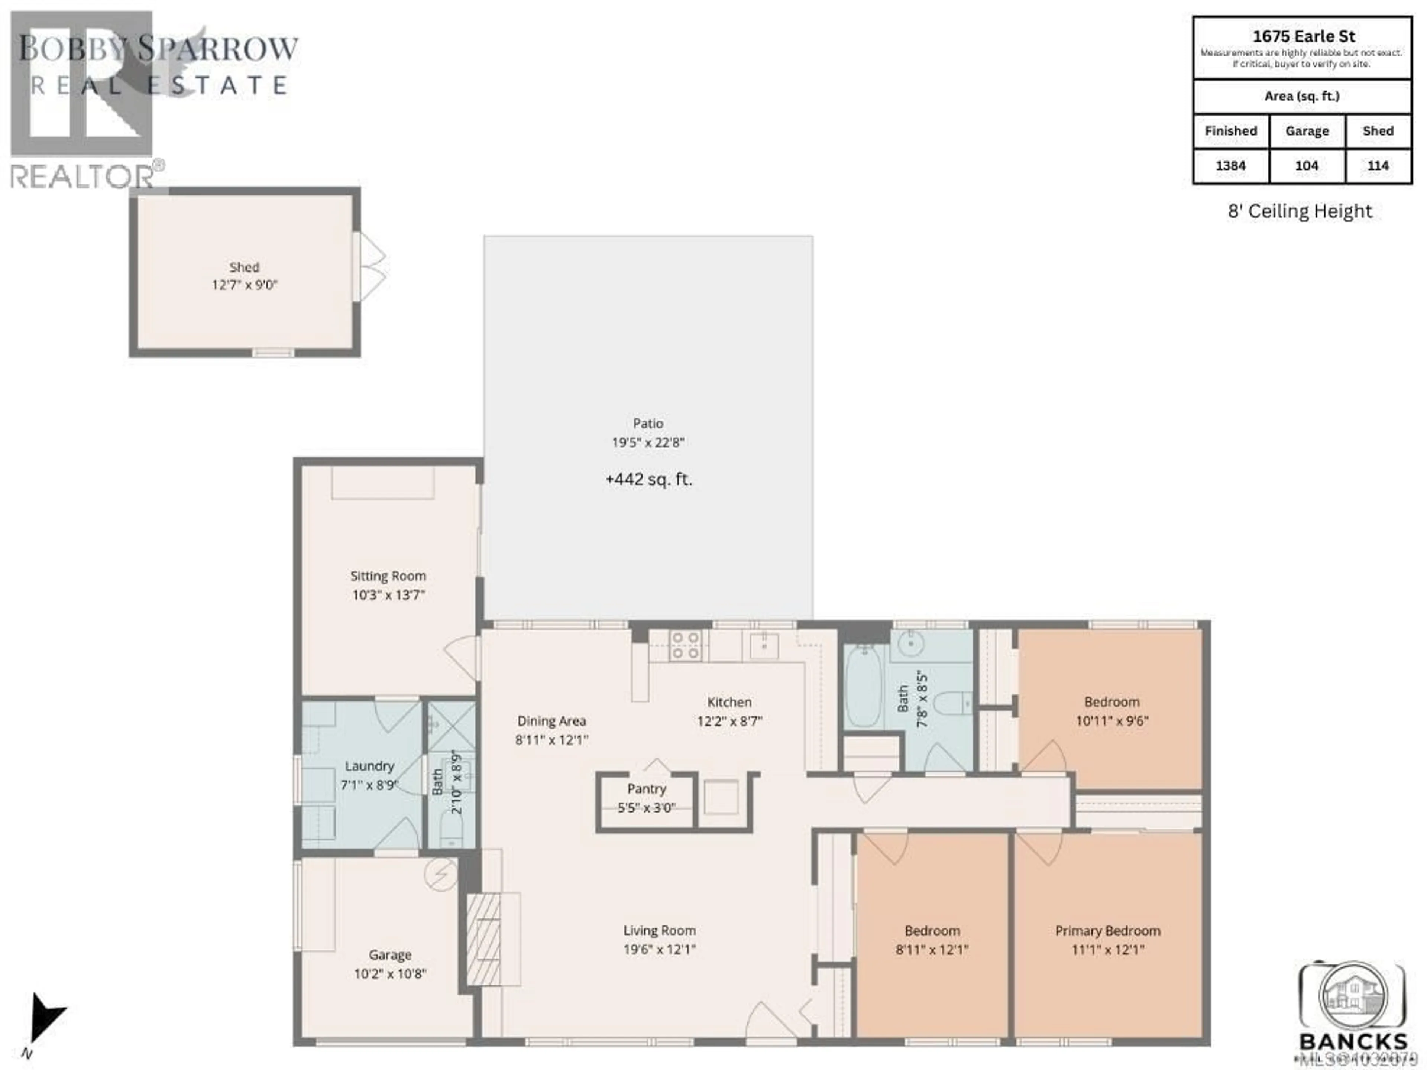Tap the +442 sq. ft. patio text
(648, 479)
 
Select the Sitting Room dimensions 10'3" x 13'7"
(388, 595)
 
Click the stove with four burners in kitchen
(685, 646)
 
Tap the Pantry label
(646, 789)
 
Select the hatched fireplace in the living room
(484, 938)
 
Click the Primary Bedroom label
(1108, 931)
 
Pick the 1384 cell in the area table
(1230, 166)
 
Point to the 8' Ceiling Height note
(1300, 211)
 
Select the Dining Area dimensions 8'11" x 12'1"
(551, 740)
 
